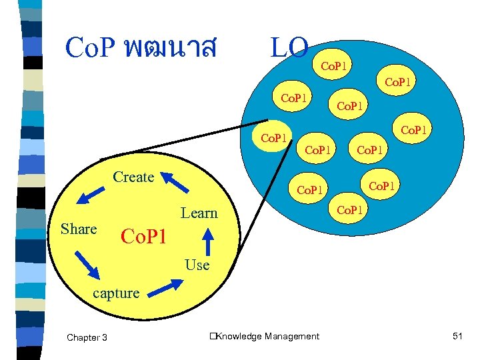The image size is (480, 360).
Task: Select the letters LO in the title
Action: tap(289, 47)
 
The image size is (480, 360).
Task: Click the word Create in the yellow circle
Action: tap(133, 177)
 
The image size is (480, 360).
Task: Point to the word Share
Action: tap(79, 229)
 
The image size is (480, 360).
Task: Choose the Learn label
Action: tap(199, 213)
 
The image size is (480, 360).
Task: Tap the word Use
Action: tap(197, 265)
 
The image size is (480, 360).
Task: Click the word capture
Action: tap(116, 293)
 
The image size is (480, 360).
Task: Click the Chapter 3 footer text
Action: tap(87, 337)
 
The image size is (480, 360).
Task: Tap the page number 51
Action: tap(457, 337)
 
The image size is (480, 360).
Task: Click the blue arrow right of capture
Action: tap(162, 287)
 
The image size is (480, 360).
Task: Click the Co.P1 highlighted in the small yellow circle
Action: tap(273, 139)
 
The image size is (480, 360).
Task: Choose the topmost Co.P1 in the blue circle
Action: tap(337, 67)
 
